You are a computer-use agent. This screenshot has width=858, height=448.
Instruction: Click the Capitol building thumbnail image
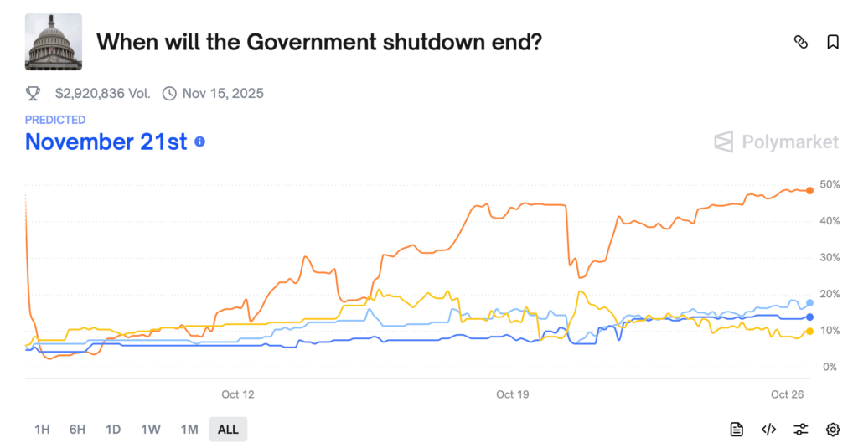(x=54, y=42)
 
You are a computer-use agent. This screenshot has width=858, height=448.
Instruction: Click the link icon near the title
(x=800, y=42)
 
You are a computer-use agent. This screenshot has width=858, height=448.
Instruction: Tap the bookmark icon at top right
(x=832, y=42)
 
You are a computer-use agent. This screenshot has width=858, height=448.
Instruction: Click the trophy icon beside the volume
(x=33, y=93)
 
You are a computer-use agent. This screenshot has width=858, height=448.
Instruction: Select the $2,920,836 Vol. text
(x=102, y=93)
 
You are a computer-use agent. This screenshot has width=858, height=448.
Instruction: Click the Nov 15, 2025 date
(x=222, y=93)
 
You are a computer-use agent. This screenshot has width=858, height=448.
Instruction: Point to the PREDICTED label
(x=55, y=120)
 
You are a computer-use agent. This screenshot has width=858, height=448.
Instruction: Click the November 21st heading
(x=106, y=142)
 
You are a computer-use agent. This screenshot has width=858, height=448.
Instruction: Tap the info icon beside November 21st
(x=199, y=142)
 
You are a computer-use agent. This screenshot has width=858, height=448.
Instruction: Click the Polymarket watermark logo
(x=776, y=142)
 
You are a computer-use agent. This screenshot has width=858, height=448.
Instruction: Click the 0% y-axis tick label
(x=829, y=368)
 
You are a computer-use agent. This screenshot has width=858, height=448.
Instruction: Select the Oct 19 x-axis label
(x=513, y=394)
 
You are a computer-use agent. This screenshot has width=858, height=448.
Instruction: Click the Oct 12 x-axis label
(x=237, y=394)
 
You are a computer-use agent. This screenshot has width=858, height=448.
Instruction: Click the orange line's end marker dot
(x=809, y=191)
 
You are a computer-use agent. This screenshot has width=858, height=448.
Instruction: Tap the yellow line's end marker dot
(x=809, y=332)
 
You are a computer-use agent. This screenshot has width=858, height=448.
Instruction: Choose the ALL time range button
(x=228, y=430)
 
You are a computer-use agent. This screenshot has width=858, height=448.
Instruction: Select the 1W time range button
(x=151, y=430)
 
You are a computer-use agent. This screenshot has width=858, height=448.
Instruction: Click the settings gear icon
(x=832, y=430)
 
